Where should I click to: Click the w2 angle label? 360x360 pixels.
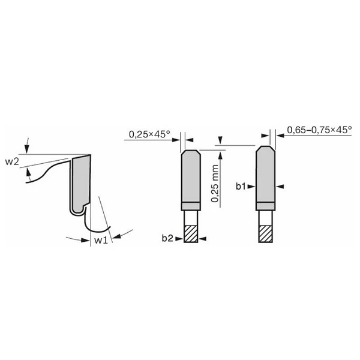pyautogui.click(x=12, y=161)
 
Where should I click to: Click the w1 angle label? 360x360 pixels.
pyautogui.click(x=101, y=241)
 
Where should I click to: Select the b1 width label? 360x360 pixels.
pyautogui.click(x=241, y=186)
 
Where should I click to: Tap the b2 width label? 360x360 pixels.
pyautogui.click(x=167, y=238)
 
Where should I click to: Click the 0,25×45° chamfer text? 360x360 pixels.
pyautogui.click(x=149, y=134)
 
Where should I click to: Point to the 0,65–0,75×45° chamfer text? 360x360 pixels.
pyautogui.click(x=319, y=130)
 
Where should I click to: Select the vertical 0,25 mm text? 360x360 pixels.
pyautogui.click(x=215, y=184)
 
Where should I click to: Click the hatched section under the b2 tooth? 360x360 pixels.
pyautogui.click(x=191, y=234)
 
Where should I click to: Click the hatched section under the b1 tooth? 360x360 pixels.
pyautogui.click(x=266, y=234)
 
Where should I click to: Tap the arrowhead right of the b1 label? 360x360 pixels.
pyautogui.click(x=251, y=187)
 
